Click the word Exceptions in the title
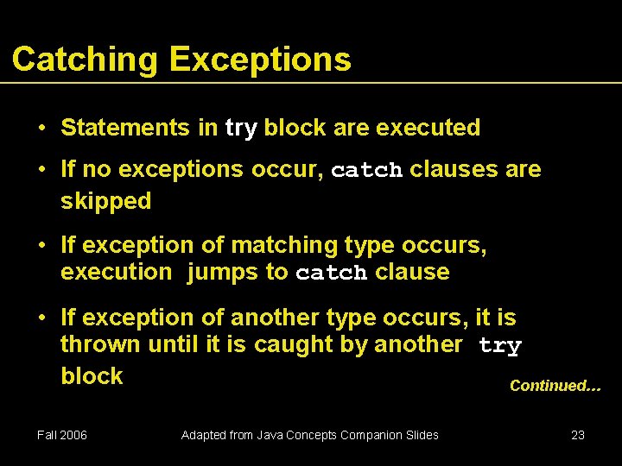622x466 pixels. (x=260, y=60)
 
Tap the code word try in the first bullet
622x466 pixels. (x=241, y=129)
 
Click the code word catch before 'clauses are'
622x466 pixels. (x=366, y=170)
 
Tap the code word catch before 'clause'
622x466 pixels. (x=332, y=274)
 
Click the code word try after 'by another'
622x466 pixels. (x=500, y=346)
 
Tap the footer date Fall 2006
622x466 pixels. (x=62, y=435)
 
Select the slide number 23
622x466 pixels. (x=578, y=435)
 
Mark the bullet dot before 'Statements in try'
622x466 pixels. (x=41, y=129)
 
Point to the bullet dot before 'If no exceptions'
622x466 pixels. (x=41, y=169)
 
